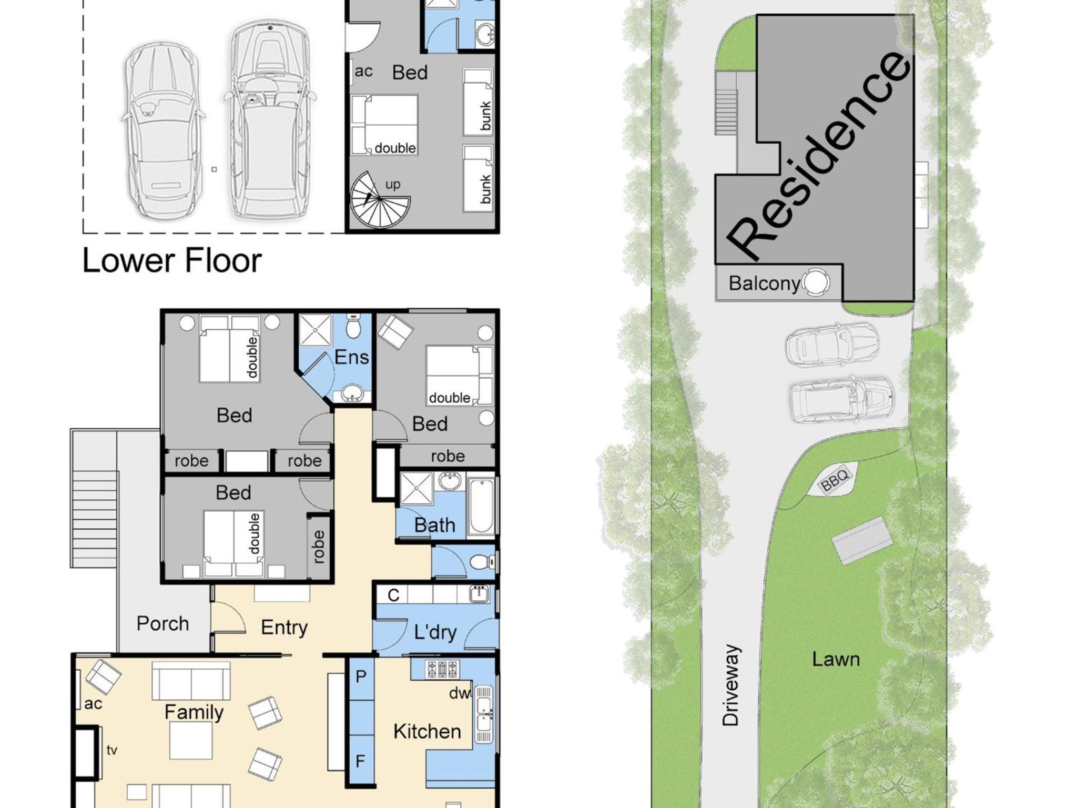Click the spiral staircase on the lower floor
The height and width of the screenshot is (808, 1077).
coord(380,200)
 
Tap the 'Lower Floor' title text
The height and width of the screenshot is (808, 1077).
coord(172,260)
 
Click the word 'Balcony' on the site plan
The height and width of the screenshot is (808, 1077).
coord(764,284)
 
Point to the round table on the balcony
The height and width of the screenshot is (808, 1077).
coord(815,282)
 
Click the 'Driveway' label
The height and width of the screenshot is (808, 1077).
coord(731,685)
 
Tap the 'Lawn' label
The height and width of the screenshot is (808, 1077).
coord(836,659)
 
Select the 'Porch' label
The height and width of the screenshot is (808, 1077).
coord(162,624)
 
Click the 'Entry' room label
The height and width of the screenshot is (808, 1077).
coord(284,628)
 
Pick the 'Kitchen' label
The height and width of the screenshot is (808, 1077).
coord(427,731)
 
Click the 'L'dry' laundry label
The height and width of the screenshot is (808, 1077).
coord(435,632)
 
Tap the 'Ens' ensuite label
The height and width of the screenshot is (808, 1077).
coord(351,357)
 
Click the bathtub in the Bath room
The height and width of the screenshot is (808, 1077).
coord(481,506)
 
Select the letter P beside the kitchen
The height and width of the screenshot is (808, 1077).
coord(361,676)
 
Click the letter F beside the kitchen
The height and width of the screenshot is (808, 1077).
coord(360,761)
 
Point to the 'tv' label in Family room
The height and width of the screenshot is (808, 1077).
coord(111,750)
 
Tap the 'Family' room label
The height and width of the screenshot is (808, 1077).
coord(194,712)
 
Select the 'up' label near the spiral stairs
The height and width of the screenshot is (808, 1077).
coord(393,185)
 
